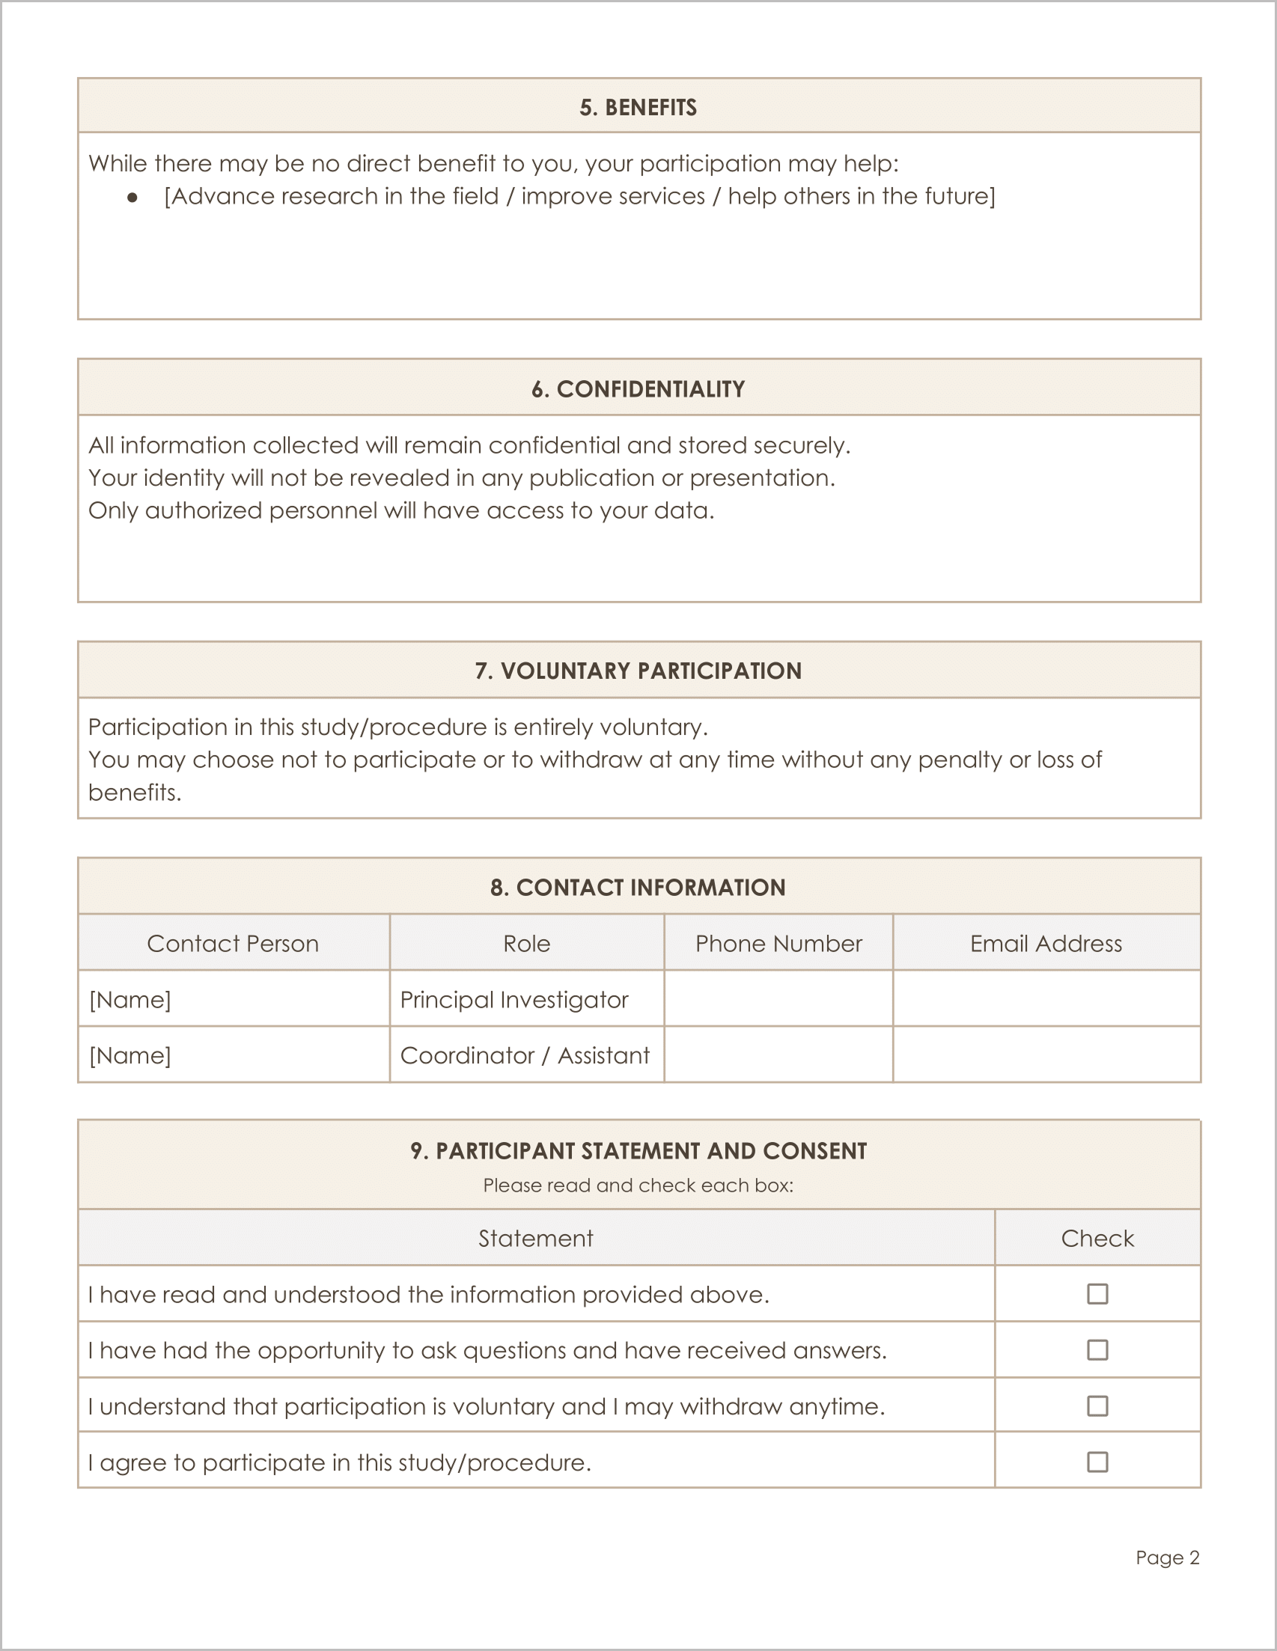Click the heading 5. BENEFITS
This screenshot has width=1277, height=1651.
[x=638, y=107]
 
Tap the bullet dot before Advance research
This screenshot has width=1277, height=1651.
[x=133, y=198]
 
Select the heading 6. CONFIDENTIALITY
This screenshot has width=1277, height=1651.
[x=638, y=389]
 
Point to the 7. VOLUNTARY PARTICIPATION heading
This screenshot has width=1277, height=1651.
[x=638, y=671]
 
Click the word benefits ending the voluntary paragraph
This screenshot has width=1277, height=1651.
[x=134, y=793]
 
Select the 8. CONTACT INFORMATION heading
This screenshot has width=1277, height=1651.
[x=638, y=888]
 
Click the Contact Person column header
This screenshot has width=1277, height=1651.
[x=233, y=944]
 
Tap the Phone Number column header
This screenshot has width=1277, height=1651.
[x=778, y=944]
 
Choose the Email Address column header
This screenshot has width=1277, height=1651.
[x=1046, y=944]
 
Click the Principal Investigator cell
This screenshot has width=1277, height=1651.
[x=514, y=999]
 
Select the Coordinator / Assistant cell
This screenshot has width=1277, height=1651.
[x=525, y=1055]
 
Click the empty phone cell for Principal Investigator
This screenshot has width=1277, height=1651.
[x=778, y=999]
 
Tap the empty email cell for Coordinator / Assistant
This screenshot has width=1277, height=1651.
[x=1046, y=1055]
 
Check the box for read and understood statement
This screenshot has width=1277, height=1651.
[x=1097, y=1294]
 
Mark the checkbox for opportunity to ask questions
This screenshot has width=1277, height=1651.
[x=1097, y=1350]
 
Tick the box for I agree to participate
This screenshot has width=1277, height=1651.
[x=1097, y=1462]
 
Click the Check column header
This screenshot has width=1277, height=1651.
[x=1097, y=1238]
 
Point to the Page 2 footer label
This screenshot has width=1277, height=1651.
[x=1167, y=1557]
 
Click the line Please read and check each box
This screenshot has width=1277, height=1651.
[x=638, y=1185]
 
